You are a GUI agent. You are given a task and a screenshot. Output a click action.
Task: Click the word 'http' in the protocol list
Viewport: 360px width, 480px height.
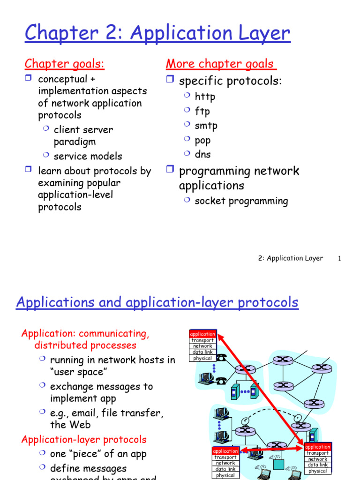205,97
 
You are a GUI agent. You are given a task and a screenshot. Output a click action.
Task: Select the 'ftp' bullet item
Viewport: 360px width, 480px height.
202,112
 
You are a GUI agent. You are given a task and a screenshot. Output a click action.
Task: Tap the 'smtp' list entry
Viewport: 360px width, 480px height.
206,126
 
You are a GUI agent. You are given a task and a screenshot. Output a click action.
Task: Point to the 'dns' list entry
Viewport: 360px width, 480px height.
203,155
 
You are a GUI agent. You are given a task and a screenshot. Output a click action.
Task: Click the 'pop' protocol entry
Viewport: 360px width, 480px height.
203,140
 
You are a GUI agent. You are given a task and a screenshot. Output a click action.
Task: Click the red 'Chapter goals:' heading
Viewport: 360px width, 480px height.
64,64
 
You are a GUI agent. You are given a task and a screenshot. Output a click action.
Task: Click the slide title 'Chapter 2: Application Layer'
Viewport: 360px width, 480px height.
157,33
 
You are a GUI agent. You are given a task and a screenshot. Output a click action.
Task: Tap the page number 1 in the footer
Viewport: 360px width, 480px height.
339,258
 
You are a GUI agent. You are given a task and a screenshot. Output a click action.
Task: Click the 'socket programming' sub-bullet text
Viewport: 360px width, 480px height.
241,201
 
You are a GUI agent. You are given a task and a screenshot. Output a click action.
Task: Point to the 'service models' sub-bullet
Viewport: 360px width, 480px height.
88,156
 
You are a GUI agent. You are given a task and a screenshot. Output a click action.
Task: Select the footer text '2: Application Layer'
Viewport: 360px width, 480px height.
290,258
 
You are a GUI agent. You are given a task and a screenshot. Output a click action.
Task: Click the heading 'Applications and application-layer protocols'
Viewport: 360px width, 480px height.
157,303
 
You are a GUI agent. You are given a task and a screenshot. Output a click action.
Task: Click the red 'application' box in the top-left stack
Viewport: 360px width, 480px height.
202,334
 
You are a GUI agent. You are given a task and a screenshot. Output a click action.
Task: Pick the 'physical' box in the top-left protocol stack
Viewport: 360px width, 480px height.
202,358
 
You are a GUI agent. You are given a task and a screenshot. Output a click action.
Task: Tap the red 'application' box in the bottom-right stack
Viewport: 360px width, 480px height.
318,447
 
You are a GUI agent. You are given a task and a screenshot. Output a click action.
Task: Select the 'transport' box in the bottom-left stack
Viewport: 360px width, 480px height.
225,457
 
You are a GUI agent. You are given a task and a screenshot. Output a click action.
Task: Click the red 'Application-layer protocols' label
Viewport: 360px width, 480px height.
84,440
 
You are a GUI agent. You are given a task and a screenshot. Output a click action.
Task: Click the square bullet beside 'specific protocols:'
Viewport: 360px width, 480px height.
170,80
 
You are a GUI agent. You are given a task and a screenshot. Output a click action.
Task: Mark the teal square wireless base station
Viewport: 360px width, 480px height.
279,464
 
